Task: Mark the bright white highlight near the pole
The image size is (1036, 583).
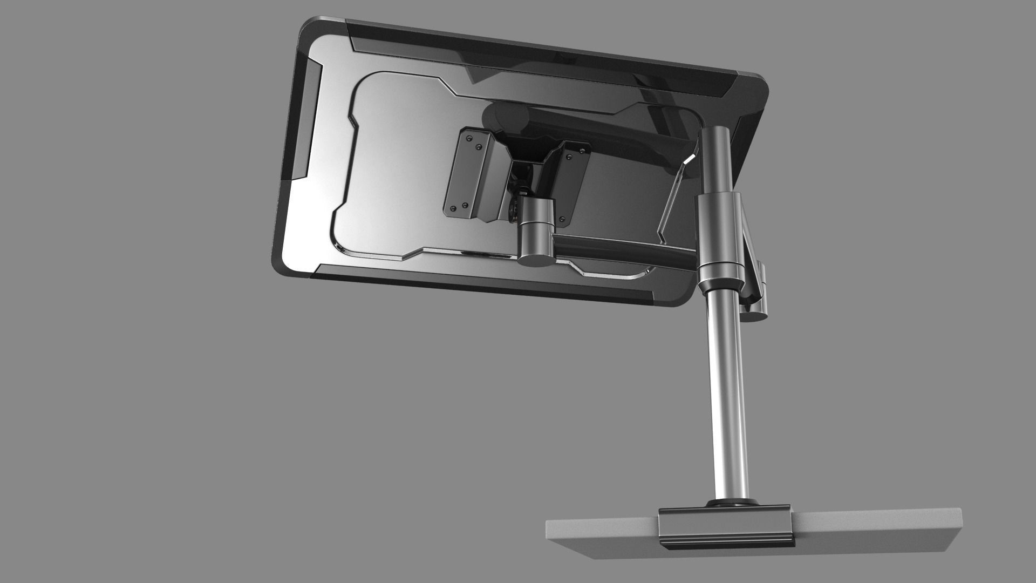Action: click(689, 159)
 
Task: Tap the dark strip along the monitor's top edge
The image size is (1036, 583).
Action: click(540, 54)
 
